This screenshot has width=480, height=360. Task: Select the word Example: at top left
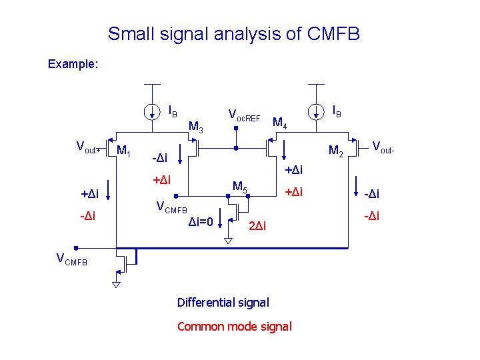coord(73,65)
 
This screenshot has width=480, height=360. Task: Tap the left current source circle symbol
coord(153,110)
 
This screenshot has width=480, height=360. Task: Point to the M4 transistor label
coord(280,123)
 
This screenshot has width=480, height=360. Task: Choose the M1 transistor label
coord(124,151)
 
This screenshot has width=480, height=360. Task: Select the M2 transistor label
coord(337,151)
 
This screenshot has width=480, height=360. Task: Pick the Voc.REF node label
coord(244,115)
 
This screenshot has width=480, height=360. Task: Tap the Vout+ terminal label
coord(88,147)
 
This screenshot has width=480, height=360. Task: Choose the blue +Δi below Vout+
coord(89,194)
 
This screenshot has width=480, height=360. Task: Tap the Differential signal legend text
coord(223,303)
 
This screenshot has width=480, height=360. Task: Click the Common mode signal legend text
coord(234,326)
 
